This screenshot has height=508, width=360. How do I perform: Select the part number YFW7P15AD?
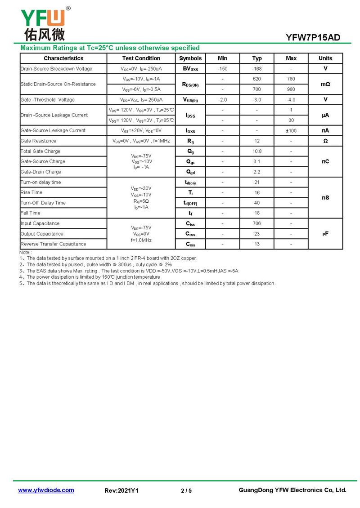click(313, 38)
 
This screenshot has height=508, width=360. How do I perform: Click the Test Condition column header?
click(141, 58)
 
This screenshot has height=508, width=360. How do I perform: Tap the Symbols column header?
click(190, 58)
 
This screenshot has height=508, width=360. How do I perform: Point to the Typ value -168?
click(257, 69)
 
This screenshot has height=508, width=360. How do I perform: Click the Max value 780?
click(291, 79)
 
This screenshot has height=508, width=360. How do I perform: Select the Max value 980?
click(291, 89)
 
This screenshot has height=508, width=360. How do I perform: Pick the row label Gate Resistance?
click(39, 141)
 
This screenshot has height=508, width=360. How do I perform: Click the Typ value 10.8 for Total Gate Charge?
click(257, 152)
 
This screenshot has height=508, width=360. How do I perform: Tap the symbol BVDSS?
click(190, 69)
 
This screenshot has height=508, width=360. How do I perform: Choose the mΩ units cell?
click(325, 84)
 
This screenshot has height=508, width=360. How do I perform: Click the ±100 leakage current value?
click(291, 131)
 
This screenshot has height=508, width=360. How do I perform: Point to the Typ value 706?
click(257, 223)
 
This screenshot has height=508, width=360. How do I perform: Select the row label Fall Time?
click(31, 213)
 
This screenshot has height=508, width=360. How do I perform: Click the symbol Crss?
click(190, 244)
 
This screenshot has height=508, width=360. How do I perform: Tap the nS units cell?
click(325, 198)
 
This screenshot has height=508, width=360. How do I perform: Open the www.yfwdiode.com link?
click(46, 490)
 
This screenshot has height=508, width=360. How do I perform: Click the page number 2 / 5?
click(186, 490)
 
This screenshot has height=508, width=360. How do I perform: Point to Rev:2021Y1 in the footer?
click(121, 490)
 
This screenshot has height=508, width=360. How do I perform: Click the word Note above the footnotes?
click(25, 253)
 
